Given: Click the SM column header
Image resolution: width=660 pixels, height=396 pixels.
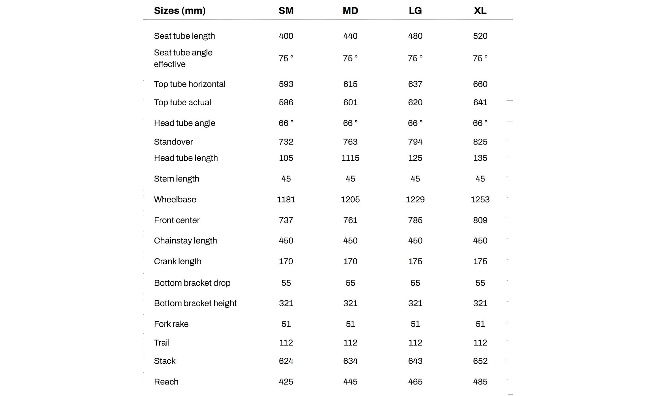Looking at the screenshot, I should tap(286, 11).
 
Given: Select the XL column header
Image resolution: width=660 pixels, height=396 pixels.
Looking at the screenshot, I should tap(480, 11).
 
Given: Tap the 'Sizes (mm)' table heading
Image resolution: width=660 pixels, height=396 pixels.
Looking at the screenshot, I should tap(180, 11).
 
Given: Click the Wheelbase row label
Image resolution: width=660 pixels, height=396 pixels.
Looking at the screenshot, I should tap(175, 199).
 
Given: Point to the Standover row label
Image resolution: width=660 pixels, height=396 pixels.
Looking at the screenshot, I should tap(173, 142).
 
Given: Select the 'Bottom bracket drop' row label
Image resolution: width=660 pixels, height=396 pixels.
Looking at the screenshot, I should tap(192, 283).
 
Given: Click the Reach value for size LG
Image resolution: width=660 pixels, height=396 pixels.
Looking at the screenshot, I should tap(415, 381).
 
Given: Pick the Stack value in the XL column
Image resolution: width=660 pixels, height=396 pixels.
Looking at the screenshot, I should tap(480, 361).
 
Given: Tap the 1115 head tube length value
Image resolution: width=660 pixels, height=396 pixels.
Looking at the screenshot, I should tap(350, 158).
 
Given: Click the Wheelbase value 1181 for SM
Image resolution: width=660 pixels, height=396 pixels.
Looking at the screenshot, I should tap(286, 199).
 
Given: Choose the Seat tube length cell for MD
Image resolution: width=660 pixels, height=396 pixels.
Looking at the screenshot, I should tap(350, 36).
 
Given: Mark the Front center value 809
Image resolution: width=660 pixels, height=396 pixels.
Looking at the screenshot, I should tap(480, 220).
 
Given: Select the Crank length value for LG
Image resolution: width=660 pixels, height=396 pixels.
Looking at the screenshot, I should tap(415, 261).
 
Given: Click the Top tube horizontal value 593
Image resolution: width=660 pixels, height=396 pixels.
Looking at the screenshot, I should tap(286, 84).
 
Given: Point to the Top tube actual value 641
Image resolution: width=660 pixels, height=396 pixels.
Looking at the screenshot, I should tap(480, 102).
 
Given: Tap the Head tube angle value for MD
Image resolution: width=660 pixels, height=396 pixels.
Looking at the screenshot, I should tap(350, 123).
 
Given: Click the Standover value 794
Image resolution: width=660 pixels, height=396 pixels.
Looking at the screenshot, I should tap(415, 142).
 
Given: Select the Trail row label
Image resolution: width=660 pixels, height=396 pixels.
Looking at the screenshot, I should tap(162, 343).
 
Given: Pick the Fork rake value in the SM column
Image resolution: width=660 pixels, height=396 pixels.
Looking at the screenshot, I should tap(286, 324).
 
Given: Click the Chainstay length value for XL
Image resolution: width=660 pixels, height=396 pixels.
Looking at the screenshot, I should tap(480, 241).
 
